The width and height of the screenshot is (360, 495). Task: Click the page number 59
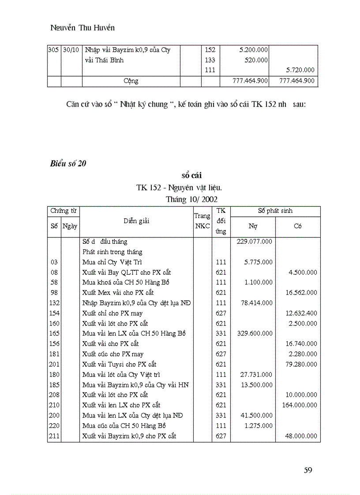[x=307, y=470]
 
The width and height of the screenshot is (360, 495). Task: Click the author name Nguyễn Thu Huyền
[x=82, y=28]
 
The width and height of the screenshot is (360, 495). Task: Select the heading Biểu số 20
[x=68, y=164]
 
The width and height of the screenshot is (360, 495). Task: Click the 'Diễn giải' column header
[x=136, y=221]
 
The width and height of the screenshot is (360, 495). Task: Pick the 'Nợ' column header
[x=253, y=226]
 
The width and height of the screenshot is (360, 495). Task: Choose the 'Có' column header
[x=298, y=226]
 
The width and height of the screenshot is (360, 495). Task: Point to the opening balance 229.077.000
[x=255, y=242]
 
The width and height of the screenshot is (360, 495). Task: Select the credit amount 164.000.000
[x=299, y=405]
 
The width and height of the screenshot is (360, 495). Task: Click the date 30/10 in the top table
[x=71, y=50]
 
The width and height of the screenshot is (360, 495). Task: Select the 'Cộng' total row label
[x=131, y=81]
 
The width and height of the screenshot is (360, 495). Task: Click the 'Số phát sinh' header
[x=275, y=211]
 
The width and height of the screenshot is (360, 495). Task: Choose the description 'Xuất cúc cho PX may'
[x=112, y=354]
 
